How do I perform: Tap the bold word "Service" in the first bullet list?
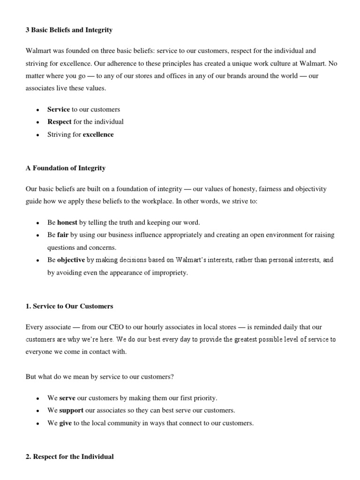tap(59, 109)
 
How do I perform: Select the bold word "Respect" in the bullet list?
tap(60, 122)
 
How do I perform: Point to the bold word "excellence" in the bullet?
tap(98, 135)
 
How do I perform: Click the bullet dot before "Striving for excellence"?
tap(37, 135)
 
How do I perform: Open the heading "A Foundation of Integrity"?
tap(65, 168)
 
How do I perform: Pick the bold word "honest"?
tap(67, 222)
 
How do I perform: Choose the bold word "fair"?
tap(63, 234)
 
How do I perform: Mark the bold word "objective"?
tap(71, 260)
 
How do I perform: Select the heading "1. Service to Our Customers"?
tap(69, 306)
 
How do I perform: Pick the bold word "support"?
tap(71, 411)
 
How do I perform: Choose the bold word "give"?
tap(66, 423)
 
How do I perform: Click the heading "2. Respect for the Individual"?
tap(69, 457)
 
